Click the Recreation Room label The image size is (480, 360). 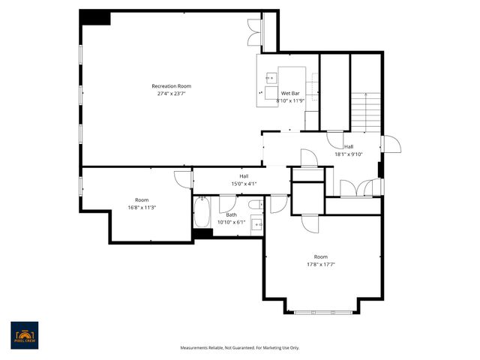point(170,86)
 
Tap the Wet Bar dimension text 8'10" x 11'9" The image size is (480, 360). point(289,100)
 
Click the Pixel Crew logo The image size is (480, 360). point(24,335)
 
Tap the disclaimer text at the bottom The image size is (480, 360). point(240,348)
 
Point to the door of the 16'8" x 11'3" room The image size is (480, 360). point(182,177)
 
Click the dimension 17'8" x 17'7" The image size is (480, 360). point(320,264)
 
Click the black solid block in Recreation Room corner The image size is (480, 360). point(94,18)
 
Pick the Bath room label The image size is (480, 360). point(231,215)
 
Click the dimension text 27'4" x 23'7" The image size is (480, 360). point(170,94)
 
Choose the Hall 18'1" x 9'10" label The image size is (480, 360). point(348,150)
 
